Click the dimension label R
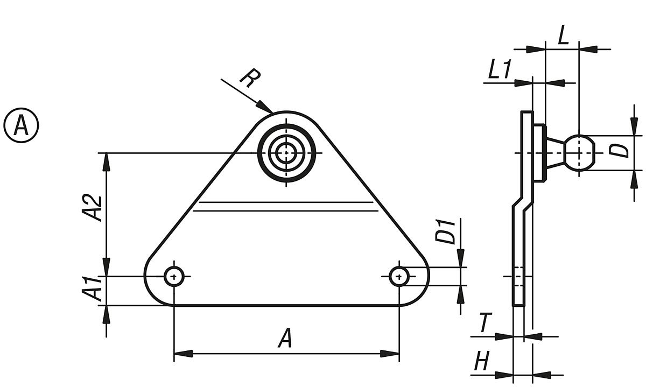click(248, 79)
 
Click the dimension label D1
click(448, 231)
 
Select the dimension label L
click(563, 36)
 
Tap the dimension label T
click(485, 324)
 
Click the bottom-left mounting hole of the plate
click(174, 277)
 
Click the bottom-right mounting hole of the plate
click(399, 277)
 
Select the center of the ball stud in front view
click(287, 153)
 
